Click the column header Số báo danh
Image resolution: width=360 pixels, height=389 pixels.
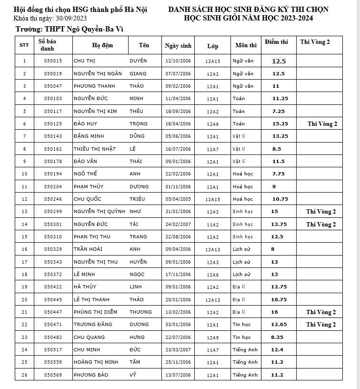(x=47, y=45)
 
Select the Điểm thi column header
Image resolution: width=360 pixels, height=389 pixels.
(x=276, y=42)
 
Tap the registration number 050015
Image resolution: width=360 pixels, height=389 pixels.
(x=53, y=61)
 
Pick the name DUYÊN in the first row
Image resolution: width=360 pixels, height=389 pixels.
(x=138, y=61)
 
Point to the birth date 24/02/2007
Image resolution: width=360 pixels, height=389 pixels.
(x=178, y=224)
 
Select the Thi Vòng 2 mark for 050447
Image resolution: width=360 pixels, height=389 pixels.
(x=321, y=312)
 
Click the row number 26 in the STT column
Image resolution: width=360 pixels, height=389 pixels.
(x=24, y=375)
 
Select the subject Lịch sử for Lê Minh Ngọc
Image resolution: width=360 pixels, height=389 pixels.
(x=241, y=275)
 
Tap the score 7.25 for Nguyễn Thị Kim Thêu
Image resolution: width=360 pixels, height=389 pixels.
(x=278, y=111)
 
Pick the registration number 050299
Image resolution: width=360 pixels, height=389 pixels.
(x=53, y=212)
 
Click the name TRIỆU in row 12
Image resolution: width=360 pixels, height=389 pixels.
(x=137, y=199)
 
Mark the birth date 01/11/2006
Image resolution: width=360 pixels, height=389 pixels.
(x=178, y=187)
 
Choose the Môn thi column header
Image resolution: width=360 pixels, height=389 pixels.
(x=246, y=45)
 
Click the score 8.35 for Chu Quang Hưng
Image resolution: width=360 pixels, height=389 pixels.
(x=277, y=337)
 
